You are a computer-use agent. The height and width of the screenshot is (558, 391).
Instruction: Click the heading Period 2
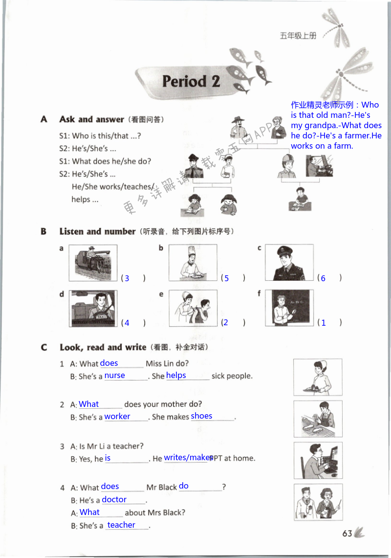click(x=191, y=81)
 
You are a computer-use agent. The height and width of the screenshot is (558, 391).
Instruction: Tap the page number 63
click(x=347, y=534)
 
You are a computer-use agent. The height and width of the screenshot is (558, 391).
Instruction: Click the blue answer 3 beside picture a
click(x=127, y=278)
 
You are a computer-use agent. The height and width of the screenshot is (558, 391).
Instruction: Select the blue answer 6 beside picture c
click(x=323, y=278)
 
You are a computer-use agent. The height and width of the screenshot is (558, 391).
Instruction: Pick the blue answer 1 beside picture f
click(x=323, y=323)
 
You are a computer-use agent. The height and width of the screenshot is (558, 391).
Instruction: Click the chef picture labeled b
click(x=193, y=263)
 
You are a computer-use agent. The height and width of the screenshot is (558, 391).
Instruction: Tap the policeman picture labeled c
click(x=289, y=263)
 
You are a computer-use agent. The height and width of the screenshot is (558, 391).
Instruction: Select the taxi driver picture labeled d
click(x=93, y=308)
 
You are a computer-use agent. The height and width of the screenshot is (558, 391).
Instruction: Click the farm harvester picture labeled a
click(x=93, y=263)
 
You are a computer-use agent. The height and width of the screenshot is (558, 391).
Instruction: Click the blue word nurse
click(x=115, y=376)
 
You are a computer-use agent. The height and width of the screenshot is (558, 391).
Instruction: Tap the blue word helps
click(x=176, y=376)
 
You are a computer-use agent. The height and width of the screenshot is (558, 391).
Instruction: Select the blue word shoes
click(x=201, y=416)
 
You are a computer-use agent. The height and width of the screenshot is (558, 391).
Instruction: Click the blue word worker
click(x=117, y=417)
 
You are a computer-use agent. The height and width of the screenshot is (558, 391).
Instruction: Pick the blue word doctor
click(x=114, y=499)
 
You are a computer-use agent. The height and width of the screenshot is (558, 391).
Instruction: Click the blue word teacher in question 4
click(x=121, y=525)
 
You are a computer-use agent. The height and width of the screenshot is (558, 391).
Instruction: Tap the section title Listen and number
click(x=97, y=231)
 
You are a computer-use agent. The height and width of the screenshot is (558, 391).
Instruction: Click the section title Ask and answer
click(x=91, y=119)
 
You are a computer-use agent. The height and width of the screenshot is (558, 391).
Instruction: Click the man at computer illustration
click(x=318, y=460)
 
